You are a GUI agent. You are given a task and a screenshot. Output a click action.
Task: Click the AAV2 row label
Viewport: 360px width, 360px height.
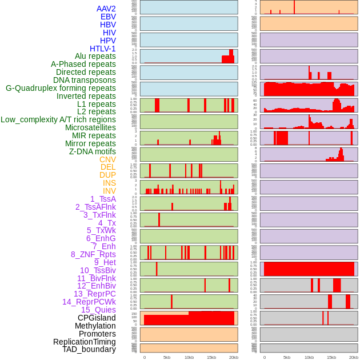pos(106,9)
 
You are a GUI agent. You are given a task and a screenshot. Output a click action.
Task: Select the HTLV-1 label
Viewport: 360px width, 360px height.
pos(103,49)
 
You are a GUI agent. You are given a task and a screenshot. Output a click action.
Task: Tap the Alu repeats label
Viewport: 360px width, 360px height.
pos(95,57)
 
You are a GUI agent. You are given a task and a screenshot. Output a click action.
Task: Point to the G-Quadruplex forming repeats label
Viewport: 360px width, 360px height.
pos(61,88)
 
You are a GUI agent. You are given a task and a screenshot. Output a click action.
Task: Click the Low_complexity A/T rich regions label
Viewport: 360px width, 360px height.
pos(58,119)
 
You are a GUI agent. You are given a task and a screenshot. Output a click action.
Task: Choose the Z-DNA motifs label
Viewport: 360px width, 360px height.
pos(93,151)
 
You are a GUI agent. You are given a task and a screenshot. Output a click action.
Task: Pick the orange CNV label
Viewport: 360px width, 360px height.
pos(107,159)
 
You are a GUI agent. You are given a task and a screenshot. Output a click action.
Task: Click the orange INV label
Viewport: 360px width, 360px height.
pos(109,191)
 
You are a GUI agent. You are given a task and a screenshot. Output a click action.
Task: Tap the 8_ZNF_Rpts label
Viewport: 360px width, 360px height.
pos(93,254)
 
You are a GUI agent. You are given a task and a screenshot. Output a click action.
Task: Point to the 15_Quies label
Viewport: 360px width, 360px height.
pos(98,310)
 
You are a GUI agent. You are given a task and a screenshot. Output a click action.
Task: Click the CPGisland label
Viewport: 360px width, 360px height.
pos(97,318)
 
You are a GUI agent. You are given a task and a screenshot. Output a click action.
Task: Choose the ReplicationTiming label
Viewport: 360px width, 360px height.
pos(85,342)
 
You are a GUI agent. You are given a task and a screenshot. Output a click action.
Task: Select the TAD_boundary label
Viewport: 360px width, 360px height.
pos(89,349)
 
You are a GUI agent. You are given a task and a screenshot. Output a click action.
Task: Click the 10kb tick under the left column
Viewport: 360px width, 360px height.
pos(189,357)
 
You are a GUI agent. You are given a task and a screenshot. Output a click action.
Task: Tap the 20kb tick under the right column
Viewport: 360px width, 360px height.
pos(354,357)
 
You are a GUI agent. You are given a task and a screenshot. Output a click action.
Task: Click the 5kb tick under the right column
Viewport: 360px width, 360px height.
pos(287,357)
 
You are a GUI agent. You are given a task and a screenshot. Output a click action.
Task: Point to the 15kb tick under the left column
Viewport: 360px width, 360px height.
pos(211,357)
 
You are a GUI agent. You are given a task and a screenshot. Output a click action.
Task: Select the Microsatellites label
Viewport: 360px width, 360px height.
pos(90,127)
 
